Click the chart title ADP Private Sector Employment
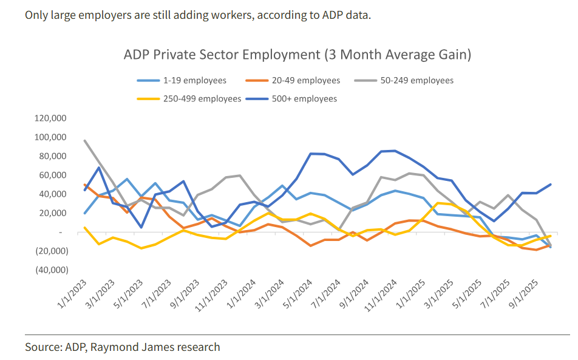pyautogui.click(x=297, y=55)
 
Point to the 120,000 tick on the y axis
pyautogui.click(x=51, y=118)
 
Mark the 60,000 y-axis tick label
pyautogui.click(x=53, y=175)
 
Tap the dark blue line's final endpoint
pyautogui.click(x=550, y=185)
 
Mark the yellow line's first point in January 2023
pyautogui.click(x=84, y=228)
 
